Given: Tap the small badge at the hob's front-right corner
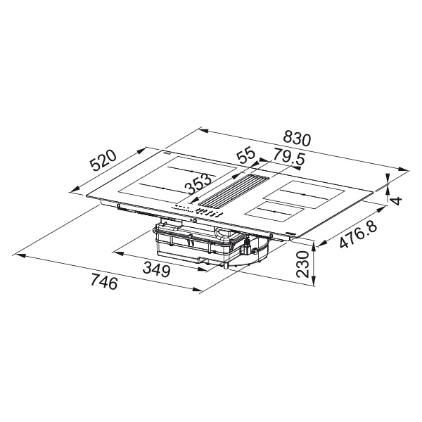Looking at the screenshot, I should [x=291, y=233].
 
